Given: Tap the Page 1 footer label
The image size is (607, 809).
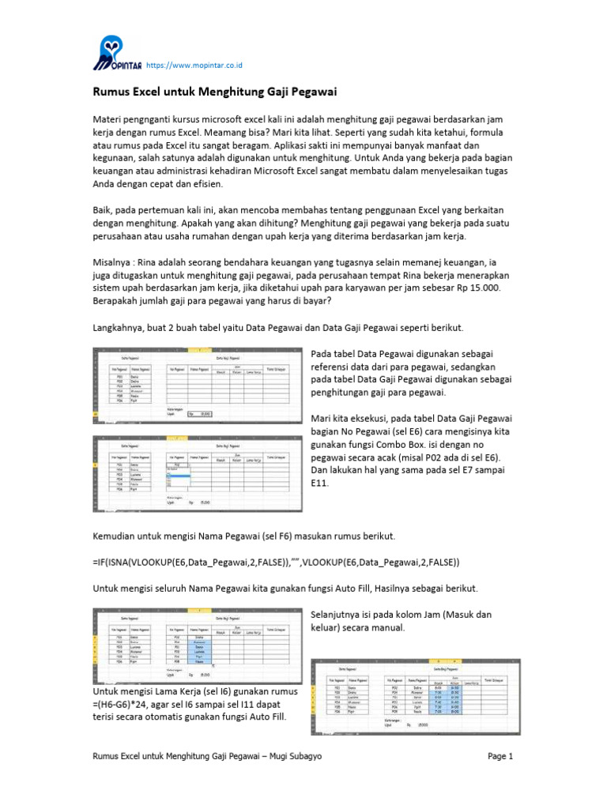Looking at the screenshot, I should coord(500,756).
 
